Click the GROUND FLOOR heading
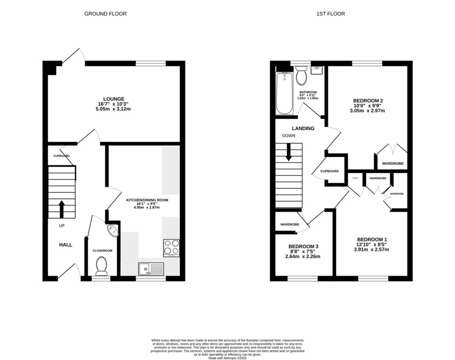click(x=105, y=14)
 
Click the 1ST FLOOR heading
click(x=331, y=14)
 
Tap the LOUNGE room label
click(x=114, y=99)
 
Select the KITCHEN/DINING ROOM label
click(x=147, y=200)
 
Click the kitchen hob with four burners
click(x=171, y=248)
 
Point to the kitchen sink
click(x=151, y=268)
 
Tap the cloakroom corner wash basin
click(x=113, y=230)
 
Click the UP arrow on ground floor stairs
click(x=61, y=208)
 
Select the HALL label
click(x=66, y=244)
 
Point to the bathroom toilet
click(x=301, y=76)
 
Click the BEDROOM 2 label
click(x=368, y=101)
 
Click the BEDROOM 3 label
click(x=303, y=246)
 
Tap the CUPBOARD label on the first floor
click(x=330, y=171)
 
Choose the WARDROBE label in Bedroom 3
click(x=289, y=225)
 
